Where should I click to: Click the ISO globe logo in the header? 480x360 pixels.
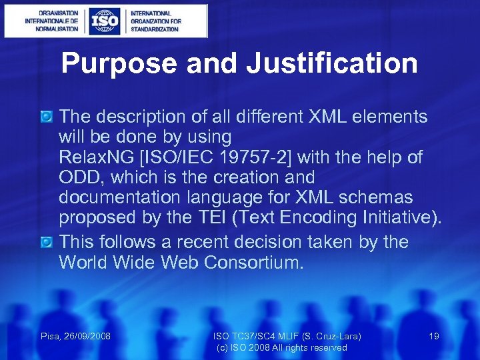(105, 21)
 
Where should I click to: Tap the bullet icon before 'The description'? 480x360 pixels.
(47, 117)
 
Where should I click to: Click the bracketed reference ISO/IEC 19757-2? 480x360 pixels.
(235, 158)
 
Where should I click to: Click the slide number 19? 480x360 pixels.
(433, 337)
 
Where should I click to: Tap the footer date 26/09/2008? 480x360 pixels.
(87, 337)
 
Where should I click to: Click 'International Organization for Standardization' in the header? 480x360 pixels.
(155, 21)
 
